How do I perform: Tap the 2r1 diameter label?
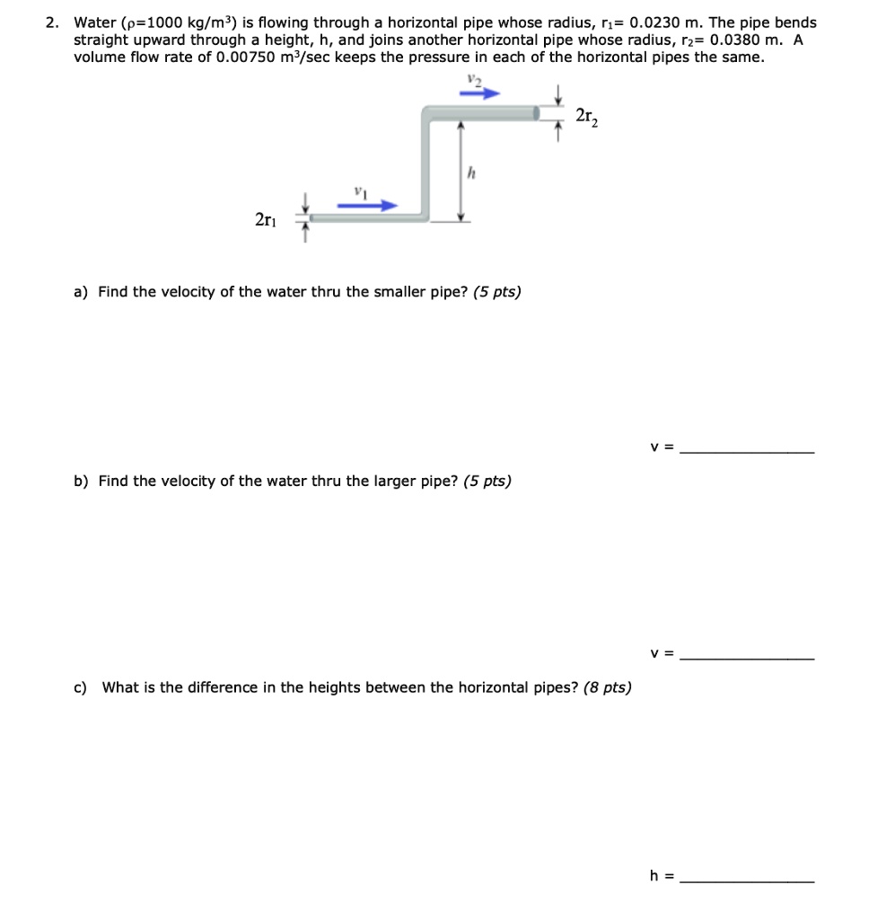(x=266, y=219)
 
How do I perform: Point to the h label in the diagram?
(x=469, y=173)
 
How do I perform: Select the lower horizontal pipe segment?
(x=368, y=217)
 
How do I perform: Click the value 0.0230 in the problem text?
(x=663, y=22)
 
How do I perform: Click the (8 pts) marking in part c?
(x=607, y=688)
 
